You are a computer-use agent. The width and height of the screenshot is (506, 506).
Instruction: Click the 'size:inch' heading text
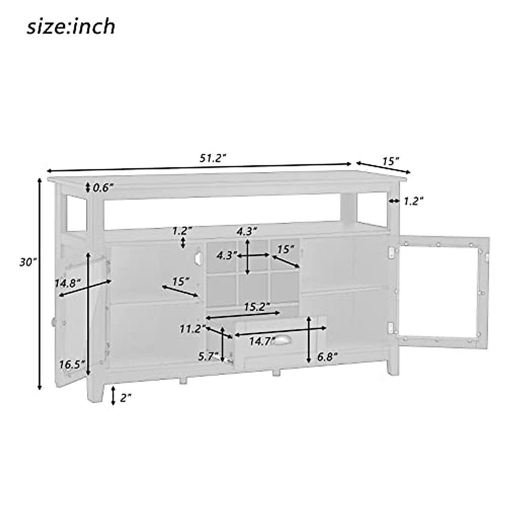pyautogui.click(x=71, y=27)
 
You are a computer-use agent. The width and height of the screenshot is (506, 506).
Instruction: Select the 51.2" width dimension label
pyautogui.click(x=213, y=159)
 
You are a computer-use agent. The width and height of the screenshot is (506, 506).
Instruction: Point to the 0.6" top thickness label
pyautogui.click(x=103, y=188)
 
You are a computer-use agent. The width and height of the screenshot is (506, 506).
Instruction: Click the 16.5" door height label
pyautogui.click(x=72, y=364)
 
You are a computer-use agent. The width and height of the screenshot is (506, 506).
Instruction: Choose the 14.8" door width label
pyautogui.click(x=67, y=283)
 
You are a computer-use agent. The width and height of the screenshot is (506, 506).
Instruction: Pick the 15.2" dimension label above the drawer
pyautogui.click(x=257, y=307)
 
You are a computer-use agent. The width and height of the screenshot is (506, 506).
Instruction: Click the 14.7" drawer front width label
pyautogui.click(x=259, y=342)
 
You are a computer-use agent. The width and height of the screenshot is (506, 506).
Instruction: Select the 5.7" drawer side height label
pyautogui.click(x=208, y=356)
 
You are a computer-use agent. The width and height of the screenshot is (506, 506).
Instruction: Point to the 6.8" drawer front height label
pyautogui.click(x=327, y=357)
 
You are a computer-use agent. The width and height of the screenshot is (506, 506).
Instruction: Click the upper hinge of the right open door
pyautogui.click(x=392, y=252)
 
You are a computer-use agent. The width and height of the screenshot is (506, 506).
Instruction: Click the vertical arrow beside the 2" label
pyautogui.click(x=113, y=396)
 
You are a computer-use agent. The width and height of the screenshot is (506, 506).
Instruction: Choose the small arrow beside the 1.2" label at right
pyautogui.click(x=394, y=201)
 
